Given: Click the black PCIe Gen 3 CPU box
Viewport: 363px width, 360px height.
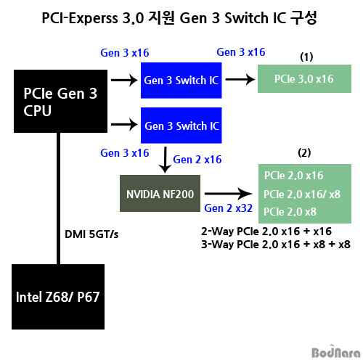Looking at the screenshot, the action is point(60,101).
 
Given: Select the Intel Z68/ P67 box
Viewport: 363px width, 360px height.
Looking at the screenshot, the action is point(58,297).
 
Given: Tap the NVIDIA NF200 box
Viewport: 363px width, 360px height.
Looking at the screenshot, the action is point(160,194).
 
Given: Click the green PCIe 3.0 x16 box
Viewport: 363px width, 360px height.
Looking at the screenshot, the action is point(304,78).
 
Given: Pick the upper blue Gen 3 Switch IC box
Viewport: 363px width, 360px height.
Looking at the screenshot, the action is point(181,81).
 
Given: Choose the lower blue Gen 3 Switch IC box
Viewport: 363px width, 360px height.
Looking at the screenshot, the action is point(181,126).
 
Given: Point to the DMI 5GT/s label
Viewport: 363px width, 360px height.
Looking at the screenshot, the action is point(91,234).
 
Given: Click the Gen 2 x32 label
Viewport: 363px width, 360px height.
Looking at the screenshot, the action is point(228,208).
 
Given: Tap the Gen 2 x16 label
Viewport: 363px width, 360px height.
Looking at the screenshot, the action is point(197,160).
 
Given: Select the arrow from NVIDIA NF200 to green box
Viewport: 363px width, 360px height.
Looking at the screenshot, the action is point(229,194).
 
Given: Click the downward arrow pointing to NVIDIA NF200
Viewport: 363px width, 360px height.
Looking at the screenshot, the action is point(165,160).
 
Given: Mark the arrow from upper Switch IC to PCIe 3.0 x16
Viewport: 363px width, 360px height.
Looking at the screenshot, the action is point(240,79).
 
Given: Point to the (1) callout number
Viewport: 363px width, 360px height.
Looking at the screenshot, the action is point(306,57).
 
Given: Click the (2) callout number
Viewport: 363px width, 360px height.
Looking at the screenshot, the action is point(304,153).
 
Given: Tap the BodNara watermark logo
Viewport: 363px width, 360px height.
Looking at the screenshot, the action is point(336,352).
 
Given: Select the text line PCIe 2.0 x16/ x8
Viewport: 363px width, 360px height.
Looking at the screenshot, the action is point(302,195).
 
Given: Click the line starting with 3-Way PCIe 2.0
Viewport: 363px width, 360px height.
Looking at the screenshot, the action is point(276,245).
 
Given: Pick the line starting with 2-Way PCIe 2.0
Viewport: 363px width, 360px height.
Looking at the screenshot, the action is point(266,232).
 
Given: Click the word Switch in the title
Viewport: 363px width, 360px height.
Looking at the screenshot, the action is point(247,18).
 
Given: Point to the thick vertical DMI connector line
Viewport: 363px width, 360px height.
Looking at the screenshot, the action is point(58,198).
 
